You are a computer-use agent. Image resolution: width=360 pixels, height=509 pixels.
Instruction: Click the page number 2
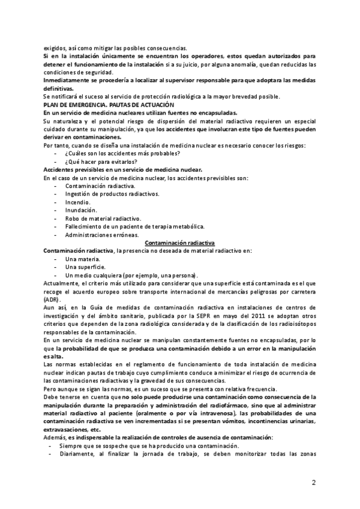(314, 483)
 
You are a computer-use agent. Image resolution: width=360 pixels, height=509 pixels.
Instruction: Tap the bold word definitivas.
(61, 89)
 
